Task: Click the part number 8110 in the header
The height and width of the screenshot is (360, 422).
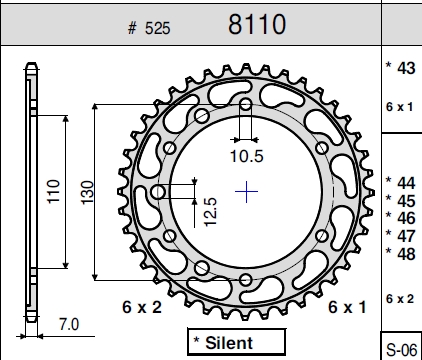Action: click(257, 24)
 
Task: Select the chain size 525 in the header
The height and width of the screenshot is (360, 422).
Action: click(158, 28)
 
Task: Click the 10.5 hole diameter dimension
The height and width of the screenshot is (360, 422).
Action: click(247, 156)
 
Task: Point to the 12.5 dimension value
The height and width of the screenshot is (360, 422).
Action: click(210, 212)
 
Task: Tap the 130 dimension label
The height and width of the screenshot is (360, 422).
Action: click(87, 192)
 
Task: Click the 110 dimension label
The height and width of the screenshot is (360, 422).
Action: click(53, 191)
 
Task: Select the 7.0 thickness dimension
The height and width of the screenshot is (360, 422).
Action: click(69, 324)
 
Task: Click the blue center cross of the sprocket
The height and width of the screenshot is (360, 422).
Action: click(246, 192)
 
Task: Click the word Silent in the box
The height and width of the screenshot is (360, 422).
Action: click(229, 343)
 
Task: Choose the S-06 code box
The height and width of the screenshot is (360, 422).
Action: click(401, 346)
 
